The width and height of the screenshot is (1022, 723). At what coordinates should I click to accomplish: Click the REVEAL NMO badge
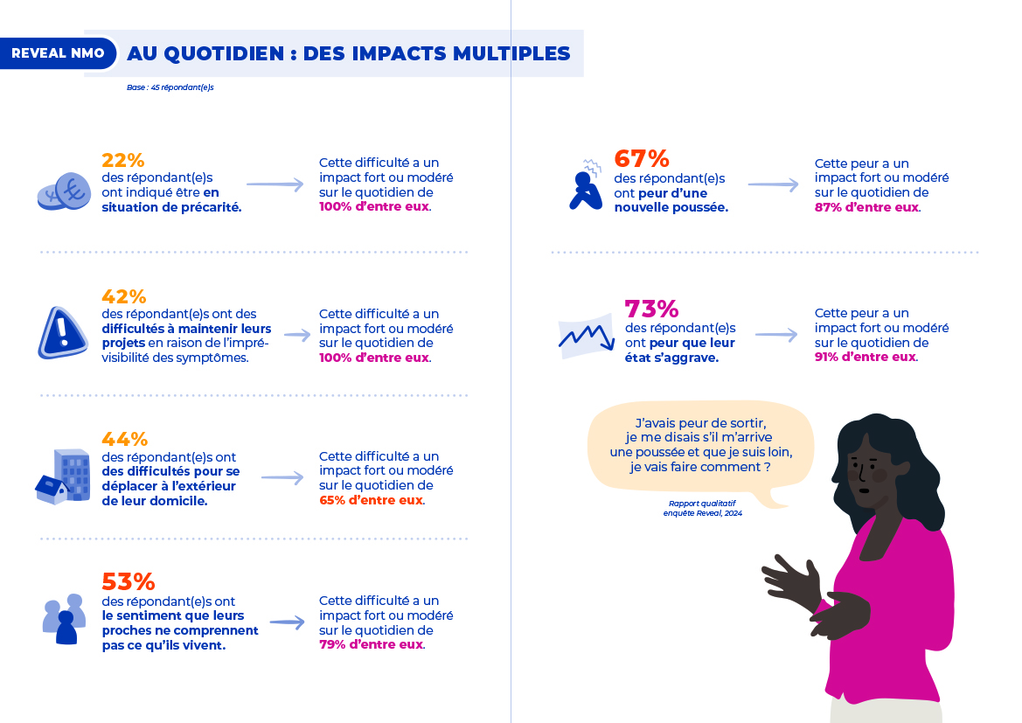[58, 53]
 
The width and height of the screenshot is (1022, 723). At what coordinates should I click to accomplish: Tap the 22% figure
[122, 161]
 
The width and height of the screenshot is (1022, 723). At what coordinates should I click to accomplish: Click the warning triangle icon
[62, 332]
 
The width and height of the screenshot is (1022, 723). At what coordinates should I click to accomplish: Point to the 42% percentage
[123, 297]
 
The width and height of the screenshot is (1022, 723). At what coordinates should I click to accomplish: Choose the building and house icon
[64, 476]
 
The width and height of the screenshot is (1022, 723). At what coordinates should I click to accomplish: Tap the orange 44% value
[124, 439]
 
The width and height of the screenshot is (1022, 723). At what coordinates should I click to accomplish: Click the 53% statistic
[128, 581]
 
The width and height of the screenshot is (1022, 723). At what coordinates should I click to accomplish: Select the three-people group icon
[65, 619]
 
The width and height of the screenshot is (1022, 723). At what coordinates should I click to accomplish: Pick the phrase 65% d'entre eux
[372, 500]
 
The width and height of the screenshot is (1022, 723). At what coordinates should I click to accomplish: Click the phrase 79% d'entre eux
[372, 644]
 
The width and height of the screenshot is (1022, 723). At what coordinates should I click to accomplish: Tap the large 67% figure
[642, 159]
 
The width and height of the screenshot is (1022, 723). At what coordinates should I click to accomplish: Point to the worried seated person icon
[584, 186]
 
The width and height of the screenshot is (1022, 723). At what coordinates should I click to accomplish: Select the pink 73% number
[651, 309]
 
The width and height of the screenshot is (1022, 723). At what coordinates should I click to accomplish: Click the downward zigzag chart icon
[585, 336]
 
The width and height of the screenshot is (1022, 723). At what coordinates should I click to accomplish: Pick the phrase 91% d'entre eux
[866, 357]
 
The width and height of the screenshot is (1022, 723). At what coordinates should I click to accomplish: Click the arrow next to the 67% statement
[774, 185]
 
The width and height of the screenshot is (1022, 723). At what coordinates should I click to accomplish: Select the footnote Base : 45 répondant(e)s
[170, 87]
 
